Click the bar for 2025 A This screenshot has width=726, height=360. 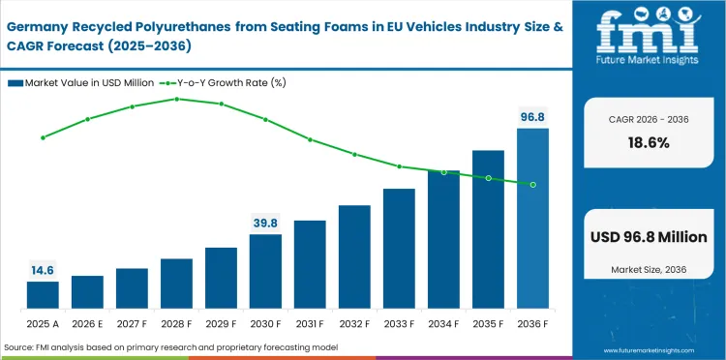43,295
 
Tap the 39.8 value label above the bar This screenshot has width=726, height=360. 265,224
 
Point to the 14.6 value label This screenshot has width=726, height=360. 43,271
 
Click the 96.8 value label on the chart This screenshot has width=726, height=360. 532,117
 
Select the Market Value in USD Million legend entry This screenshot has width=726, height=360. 87,82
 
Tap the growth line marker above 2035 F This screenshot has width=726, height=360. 488,178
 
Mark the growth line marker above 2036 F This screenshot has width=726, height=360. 532,184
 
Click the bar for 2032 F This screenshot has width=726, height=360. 354,257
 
